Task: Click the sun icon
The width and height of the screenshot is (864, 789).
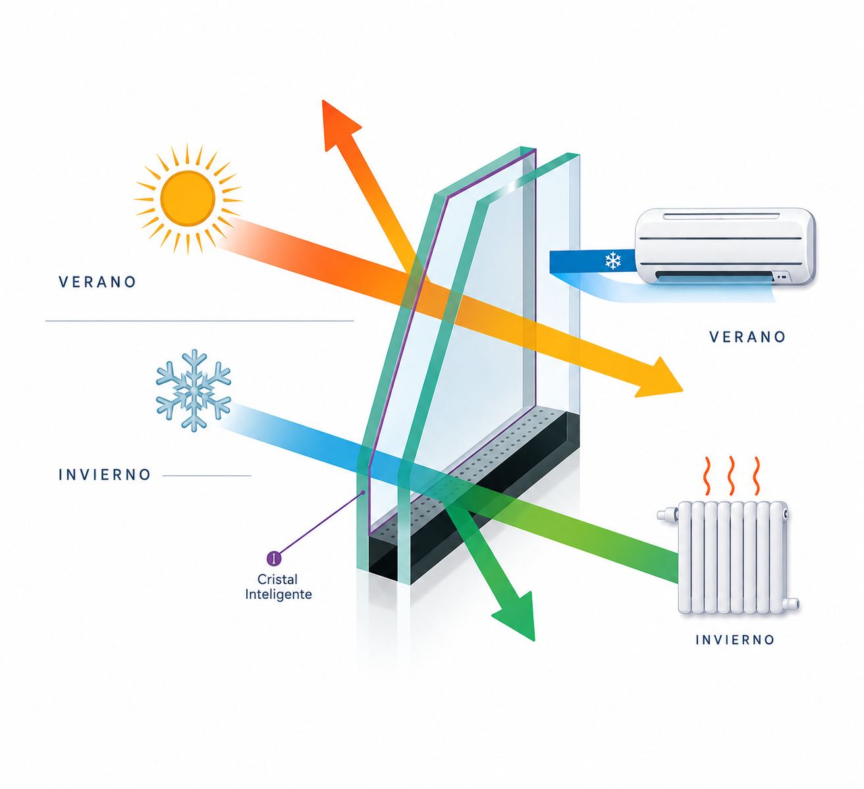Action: pyautogui.click(x=188, y=199)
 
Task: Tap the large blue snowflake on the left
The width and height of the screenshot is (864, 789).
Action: pyautogui.click(x=194, y=390)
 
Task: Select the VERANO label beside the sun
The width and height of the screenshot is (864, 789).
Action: pyautogui.click(x=97, y=282)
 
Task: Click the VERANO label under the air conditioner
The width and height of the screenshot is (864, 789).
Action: pyautogui.click(x=747, y=337)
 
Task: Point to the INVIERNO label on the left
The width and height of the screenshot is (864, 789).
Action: pyautogui.click(x=105, y=474)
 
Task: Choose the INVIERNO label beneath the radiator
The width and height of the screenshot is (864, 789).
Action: pyautogui.click(x=735, y=640)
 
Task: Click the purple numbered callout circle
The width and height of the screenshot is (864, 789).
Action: pyautogui.click(x=274, y=558)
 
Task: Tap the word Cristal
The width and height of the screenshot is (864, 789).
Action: pyautogui.click(x=277, y=579)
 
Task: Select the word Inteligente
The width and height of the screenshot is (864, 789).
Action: pyautogui.click(x=279, y=594)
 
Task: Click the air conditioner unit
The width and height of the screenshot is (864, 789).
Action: pyautogui.click(x=725, y=246)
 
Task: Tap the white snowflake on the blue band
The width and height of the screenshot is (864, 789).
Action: pyautogui.click(x=613, y=261)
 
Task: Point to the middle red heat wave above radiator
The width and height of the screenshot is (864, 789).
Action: pyautogui.click(x=731, y=476)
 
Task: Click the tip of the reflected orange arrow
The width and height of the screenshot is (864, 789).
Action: pyautogui.click(x=323, y=100)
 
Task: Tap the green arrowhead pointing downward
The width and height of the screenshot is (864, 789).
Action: pyautogui.click(x=518, y=618)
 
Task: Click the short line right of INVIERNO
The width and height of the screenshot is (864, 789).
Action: pyautogui.click(x=207, y=476)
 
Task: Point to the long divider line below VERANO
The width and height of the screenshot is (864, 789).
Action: pyautogui.click(x=200, y=320)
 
